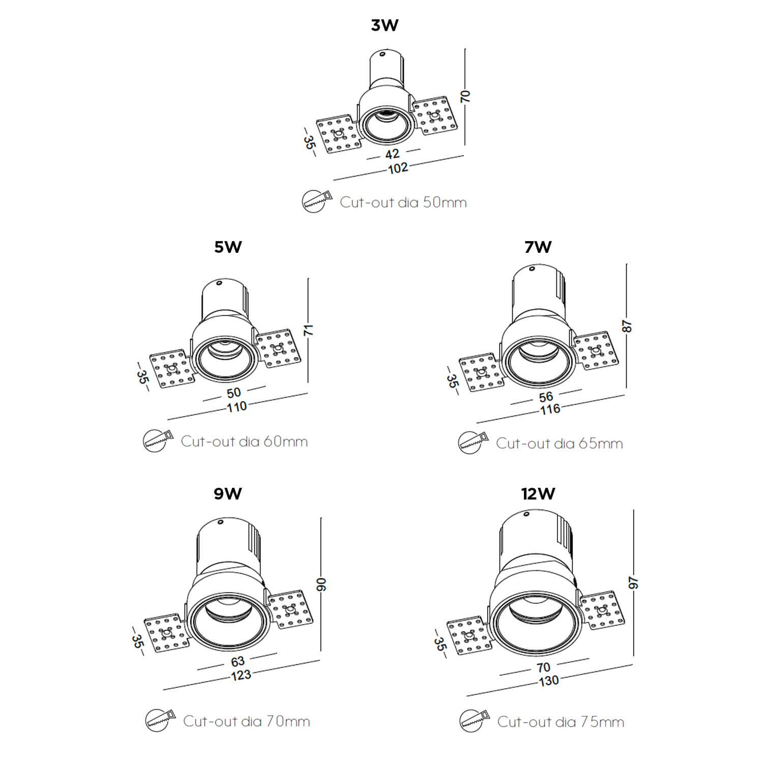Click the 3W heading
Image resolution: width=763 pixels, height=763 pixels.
[384, 25]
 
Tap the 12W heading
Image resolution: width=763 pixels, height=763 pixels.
[538, 493]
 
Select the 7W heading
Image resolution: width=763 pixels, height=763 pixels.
[538, 247]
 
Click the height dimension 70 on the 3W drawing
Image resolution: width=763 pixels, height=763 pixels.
[465, 97]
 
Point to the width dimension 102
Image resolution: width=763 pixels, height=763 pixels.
[398, 168]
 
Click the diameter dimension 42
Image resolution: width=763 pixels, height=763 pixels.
[392, 154]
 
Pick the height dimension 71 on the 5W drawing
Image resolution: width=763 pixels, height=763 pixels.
[309, 330]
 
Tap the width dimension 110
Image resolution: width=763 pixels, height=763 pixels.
[237, 407]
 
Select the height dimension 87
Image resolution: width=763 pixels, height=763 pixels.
[627, 326]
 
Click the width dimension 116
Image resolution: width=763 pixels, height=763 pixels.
[550, 409]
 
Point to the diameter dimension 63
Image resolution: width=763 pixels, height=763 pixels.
[238, 661]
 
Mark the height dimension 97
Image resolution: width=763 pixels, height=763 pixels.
[634, 583]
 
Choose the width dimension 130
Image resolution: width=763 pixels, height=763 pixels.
[549, 681]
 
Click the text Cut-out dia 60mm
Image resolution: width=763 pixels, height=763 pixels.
[244, 441]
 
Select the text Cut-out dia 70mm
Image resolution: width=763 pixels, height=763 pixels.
[246, 721]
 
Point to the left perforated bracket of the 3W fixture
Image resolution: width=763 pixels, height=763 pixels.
[338, 135]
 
